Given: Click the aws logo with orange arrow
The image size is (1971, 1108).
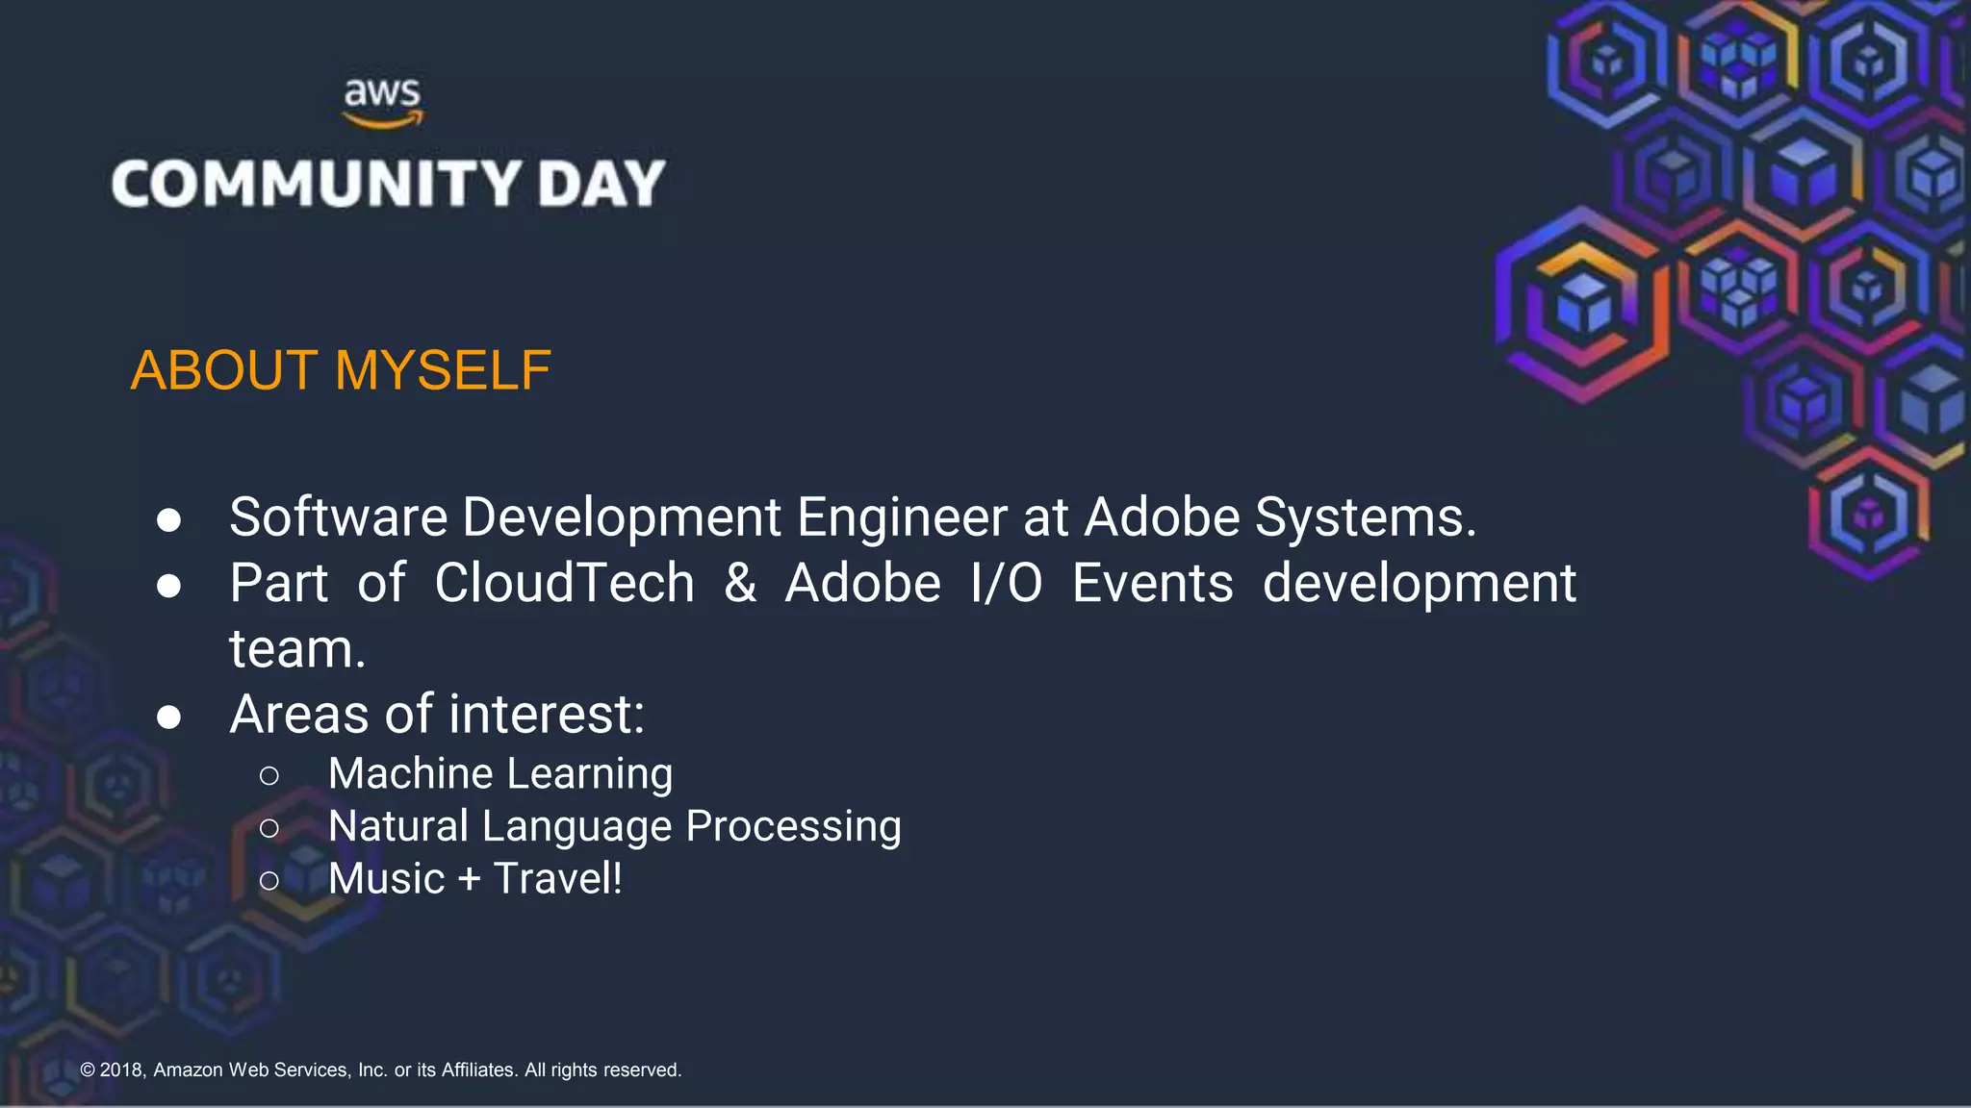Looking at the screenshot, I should click(x=383, y=103).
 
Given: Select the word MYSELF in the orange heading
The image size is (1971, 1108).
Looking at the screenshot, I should click(x=443, y=370).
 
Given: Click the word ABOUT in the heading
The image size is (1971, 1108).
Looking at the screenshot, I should click(x=224, y=370).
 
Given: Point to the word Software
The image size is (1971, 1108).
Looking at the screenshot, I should click(x=338, y=517).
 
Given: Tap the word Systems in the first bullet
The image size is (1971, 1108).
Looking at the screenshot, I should click(x=1364, y=517).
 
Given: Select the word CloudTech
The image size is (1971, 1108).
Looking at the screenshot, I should click(x=564, y=583).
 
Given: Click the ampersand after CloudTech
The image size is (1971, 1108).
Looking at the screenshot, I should click(x=739, y=583).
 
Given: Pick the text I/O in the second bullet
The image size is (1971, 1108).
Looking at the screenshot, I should click(x=1006, y=583).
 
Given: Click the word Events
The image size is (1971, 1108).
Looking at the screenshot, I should click(x=1152, y=583).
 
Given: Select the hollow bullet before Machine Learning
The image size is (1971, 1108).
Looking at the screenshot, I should click(x=269, y=775).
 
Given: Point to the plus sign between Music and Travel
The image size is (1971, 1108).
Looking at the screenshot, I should click(x=469, y=879).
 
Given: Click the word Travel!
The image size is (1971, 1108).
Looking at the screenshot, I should click(x=557, y=878).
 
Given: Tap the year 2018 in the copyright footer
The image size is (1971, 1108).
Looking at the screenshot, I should click(x=122, y=1070).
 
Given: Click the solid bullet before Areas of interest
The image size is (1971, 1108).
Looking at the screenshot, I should click(x=169, y=717).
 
